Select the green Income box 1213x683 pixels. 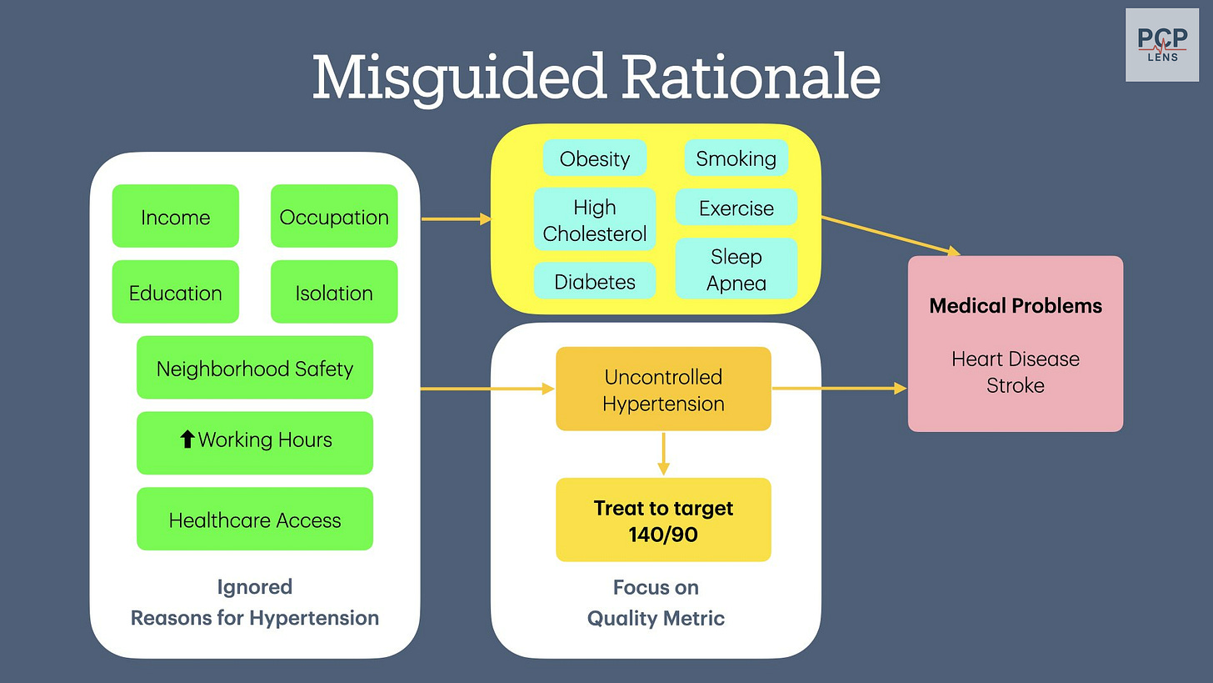(175, 217)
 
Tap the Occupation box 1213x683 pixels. (334, 217)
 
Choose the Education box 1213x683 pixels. (175, 293)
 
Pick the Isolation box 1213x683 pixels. (334, 293)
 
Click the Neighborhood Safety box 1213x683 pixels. (254, 368)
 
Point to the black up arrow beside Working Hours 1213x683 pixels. (187, 439)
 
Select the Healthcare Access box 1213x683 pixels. (254, 520)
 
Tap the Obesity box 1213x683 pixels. (594, 158)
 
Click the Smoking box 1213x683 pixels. (736, 158)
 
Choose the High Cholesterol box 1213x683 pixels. (594, 220)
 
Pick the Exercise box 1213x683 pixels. (736, 208)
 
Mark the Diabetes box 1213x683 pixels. (594, 282)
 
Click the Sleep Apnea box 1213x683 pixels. (736, 269)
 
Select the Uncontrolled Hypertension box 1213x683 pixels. (663, 389)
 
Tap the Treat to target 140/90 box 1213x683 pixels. (663, 520)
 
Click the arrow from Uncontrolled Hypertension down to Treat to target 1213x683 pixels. (663, 454)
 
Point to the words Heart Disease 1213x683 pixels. (1015, 359)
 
